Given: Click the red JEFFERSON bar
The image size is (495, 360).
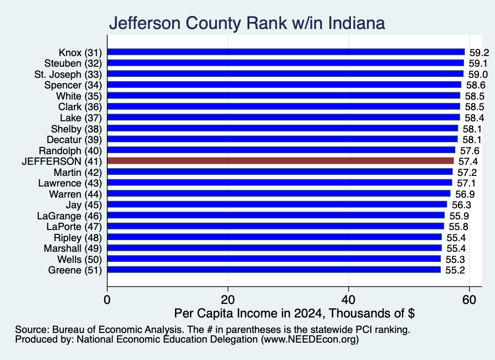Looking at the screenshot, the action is [280, 161].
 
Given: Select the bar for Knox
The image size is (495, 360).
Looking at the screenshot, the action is [286, 52].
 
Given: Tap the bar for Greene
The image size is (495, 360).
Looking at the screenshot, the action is [274, 270].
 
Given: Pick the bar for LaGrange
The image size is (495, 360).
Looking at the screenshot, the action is [276, 216].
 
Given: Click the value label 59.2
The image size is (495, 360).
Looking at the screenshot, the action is [479, 53].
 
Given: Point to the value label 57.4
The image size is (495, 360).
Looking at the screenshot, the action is [468, 161].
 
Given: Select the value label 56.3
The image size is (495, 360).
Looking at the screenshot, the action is [461, 205].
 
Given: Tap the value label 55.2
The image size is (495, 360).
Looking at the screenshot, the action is [455, 271].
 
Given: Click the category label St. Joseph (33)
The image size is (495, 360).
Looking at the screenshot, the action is [68, 74].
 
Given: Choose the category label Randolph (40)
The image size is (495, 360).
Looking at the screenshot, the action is [71, 151].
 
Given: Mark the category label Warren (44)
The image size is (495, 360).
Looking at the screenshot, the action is [75, 194].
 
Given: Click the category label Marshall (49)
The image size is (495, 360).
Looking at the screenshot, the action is [73, 249].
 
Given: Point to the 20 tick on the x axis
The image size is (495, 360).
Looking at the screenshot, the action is [228, 300].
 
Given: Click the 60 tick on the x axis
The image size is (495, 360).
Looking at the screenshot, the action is [469, 300].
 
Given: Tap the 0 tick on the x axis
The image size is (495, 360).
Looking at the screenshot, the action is [107, 300].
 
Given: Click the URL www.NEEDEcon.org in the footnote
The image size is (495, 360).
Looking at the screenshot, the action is [310, 340].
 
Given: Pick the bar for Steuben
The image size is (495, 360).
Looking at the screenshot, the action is [286, 63].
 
